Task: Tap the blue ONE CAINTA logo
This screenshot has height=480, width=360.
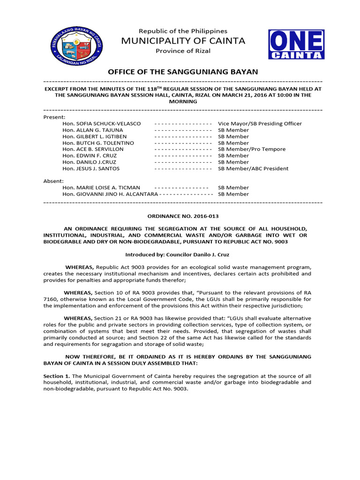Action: [x=296, y=45]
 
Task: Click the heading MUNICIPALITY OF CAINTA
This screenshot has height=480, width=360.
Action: [x=183, y=41]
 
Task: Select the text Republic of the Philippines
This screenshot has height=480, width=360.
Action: [x=183, y=31]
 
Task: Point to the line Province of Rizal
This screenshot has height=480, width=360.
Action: [x=183, y=51]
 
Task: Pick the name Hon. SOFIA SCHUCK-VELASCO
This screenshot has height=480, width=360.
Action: [x=101, y=123]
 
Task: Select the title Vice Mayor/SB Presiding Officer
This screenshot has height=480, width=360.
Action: [x=260, y=123]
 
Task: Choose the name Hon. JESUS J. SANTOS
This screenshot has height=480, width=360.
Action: [x=90, y=168]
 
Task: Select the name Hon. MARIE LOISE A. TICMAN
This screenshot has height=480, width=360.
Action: [x=101, y=187]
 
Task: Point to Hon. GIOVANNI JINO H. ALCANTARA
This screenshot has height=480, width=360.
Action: [x=110, y=194]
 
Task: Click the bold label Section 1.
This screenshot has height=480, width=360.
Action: [x=56, y=376]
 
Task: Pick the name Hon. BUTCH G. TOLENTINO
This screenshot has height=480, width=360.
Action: [x=98, y=142]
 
